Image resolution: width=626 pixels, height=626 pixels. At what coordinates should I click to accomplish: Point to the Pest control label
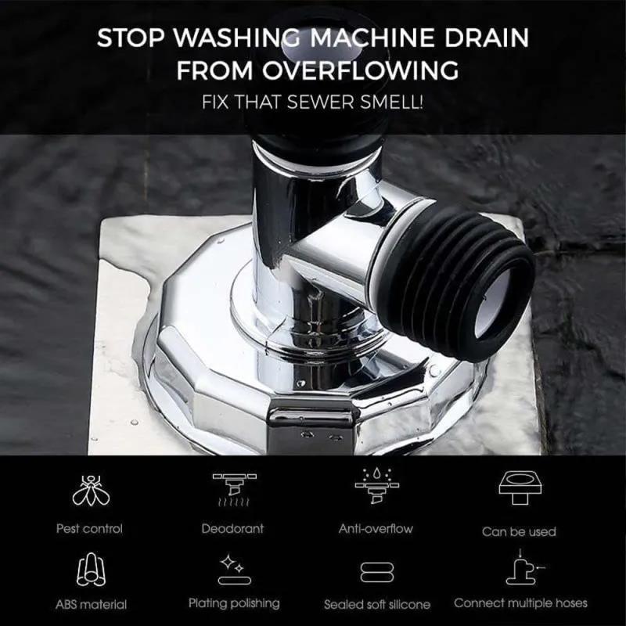[89, 529]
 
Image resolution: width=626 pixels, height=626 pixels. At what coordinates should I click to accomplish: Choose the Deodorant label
[233, 529]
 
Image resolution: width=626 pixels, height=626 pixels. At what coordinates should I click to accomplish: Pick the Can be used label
[518, 531]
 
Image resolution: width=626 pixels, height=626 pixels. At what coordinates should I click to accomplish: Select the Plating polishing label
[233, 603]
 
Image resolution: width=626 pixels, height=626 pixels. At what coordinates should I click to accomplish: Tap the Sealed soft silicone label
[377, 604]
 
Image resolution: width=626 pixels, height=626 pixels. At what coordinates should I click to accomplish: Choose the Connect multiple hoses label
[520, 603]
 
